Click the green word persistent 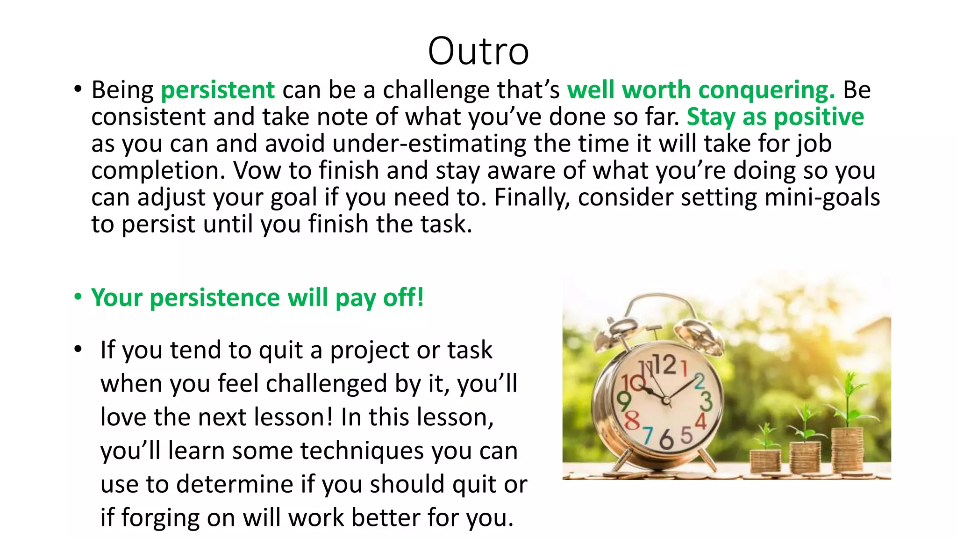pyautogui.click(x=218, y=90)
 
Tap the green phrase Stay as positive pyautogui.click(x=775, y=117)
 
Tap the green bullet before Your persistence pyautogui.click(x=78, y=297)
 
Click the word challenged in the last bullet pyautogui.click(x=327, y=384)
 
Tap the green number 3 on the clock pyautogui.click(x=706, y=401)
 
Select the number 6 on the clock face pyautogui.click(x=666, y=440)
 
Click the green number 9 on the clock pyautogui.click(x=624, y=401)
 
